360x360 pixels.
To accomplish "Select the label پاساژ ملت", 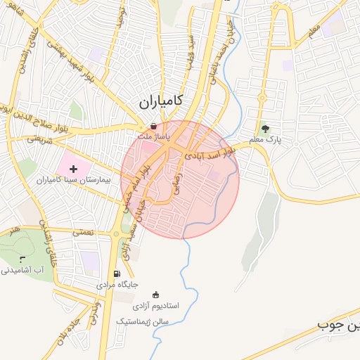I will point(153,136).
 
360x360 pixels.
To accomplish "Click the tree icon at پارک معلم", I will point(265,129).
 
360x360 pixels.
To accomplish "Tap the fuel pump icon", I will point(116,274).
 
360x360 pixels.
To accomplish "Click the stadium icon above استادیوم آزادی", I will point(155,295).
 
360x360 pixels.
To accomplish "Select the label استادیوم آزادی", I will point(156,307).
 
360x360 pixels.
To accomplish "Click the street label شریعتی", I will point(39,139).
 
